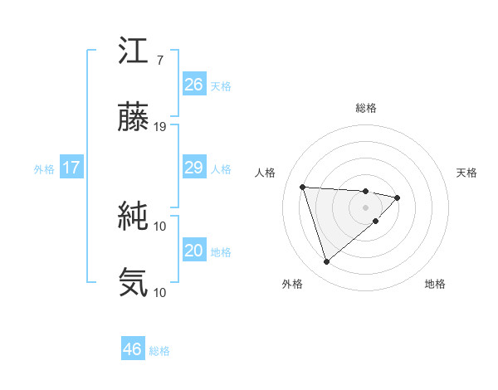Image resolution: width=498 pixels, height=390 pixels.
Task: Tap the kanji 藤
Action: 134,119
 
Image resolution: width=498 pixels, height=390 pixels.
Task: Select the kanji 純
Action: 134,217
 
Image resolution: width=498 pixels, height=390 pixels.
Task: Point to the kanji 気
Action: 134,282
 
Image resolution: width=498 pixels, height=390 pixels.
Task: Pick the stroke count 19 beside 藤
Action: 160,127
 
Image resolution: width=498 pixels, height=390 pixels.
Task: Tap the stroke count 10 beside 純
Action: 160,226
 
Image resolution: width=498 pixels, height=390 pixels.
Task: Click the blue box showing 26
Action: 193,85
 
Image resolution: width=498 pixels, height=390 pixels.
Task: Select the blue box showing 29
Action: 193,168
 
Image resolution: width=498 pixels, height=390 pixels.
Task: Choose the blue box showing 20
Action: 193,251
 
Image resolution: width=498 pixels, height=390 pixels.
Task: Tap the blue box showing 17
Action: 71,168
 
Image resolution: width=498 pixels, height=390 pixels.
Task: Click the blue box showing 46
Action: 133,349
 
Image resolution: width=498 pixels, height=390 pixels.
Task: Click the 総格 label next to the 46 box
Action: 159,351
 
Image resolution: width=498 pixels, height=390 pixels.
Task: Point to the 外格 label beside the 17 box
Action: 44,169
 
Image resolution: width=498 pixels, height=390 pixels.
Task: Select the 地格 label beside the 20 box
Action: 221,252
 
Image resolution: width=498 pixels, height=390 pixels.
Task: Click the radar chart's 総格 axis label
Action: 365,108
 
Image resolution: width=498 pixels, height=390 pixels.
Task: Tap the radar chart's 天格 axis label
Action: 466,173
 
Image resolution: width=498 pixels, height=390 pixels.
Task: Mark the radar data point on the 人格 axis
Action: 303,187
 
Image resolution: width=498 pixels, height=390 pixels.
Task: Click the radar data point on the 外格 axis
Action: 326,262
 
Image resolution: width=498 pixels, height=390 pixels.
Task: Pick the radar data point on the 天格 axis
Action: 398,197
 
